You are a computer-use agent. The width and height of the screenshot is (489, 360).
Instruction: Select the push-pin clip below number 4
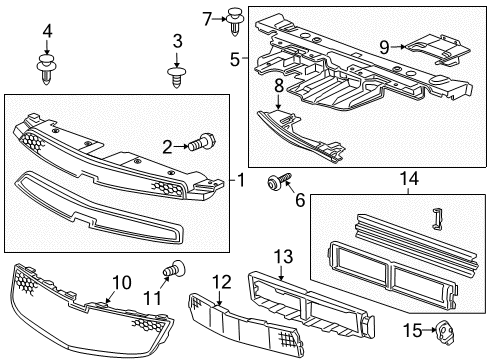point(46,68)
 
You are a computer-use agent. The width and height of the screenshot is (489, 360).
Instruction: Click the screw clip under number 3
point(177,75)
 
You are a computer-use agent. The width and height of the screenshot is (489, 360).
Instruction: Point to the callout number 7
point(208,18)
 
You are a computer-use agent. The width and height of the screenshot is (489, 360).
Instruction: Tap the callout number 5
point(235,60)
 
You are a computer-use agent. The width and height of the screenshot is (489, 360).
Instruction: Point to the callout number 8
point(278,101)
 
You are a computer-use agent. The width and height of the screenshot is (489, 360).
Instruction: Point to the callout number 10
point(121,284)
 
